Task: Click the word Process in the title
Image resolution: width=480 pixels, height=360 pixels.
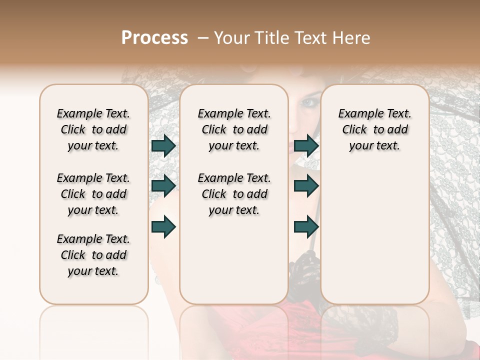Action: (x=154, y=38)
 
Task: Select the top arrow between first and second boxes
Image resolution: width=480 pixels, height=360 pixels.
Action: (x=163, y=146)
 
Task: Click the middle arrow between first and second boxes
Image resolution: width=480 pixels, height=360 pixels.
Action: (x=163, y=186)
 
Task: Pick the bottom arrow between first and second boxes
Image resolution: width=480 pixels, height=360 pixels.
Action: (x=163, y=226)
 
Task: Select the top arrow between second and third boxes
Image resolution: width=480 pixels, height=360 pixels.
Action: (x=306, y=146)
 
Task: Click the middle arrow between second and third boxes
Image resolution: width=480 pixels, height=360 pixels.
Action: (x=306, y=186)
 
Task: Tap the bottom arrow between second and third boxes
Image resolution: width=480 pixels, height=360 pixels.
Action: (x=306, y=226)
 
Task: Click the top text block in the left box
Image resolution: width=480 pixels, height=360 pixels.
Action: (x=93, y=129)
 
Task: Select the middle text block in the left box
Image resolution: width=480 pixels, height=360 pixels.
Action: (x=93, y=194)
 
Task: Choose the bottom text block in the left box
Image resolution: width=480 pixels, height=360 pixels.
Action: (x=93, y=255)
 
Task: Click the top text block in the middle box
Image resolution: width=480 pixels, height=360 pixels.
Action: (x=234, y=129)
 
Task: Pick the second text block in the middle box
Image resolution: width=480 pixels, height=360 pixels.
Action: (x=234, y=194)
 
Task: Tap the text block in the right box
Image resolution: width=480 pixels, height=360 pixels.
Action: (x=375, y=129)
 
